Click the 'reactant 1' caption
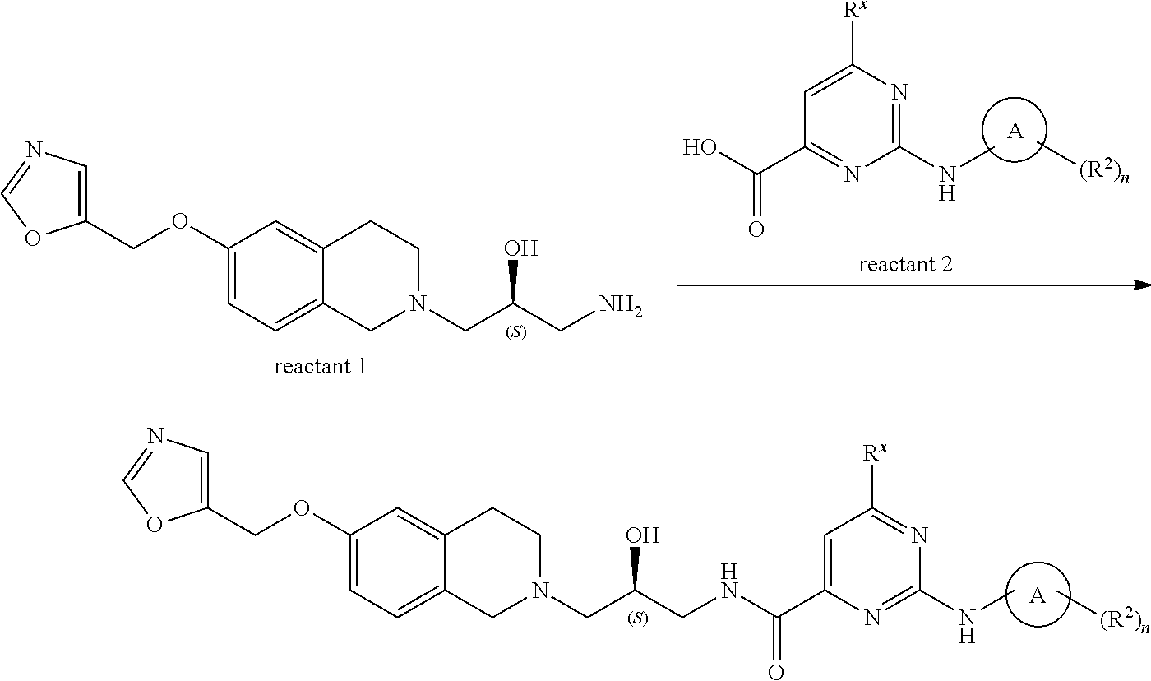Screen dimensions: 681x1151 [320, 366]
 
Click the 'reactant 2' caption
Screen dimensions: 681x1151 [904, 265]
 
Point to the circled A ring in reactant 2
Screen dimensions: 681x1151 [1015, 131]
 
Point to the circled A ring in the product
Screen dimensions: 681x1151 [1038, 596]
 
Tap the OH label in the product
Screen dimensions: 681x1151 [642, 536]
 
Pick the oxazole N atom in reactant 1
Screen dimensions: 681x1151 [34, 151]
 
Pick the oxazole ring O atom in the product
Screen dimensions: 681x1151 [154, 525]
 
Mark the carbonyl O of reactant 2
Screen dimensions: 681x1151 [756, 229]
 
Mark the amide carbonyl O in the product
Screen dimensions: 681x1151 [775, 670]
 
